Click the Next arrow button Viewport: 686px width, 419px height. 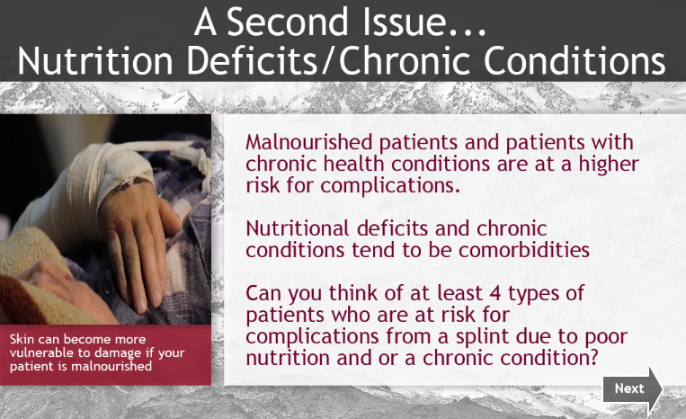coord(633,388)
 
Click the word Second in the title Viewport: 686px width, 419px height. coord(288,22)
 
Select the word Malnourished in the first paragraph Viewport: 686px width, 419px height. coord(309,142)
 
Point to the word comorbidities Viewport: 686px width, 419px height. coord(524,250)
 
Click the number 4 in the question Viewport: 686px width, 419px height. coord(494,293)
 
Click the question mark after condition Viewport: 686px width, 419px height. coord(593,357)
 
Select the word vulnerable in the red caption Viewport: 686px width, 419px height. coord(42,352)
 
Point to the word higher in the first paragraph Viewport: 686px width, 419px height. coord(609,164)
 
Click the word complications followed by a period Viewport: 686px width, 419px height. coord(390,186)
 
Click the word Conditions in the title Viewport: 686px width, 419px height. coord(575,60)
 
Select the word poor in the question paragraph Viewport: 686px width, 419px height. coord(606,338)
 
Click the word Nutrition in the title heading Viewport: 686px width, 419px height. coord(95,60)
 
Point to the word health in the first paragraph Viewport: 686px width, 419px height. coord(353,164)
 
